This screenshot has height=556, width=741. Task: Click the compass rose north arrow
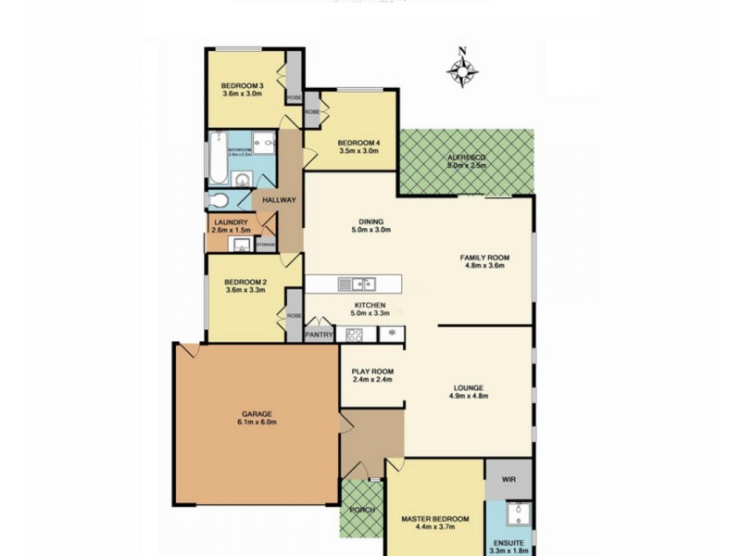462,68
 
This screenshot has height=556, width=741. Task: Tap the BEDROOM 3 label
243,86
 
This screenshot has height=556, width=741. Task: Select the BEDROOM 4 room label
358,143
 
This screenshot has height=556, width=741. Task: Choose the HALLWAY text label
279,200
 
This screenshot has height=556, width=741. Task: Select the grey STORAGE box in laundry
266,245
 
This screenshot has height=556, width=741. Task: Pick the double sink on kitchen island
356,284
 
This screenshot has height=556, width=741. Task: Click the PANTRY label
319,335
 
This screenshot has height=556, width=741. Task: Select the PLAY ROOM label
372,372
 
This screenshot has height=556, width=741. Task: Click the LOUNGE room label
469,388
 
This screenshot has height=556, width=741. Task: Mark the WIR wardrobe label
509,480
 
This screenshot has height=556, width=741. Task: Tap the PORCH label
361,510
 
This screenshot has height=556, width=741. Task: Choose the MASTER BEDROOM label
435,519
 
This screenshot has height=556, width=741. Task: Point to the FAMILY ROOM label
486,258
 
